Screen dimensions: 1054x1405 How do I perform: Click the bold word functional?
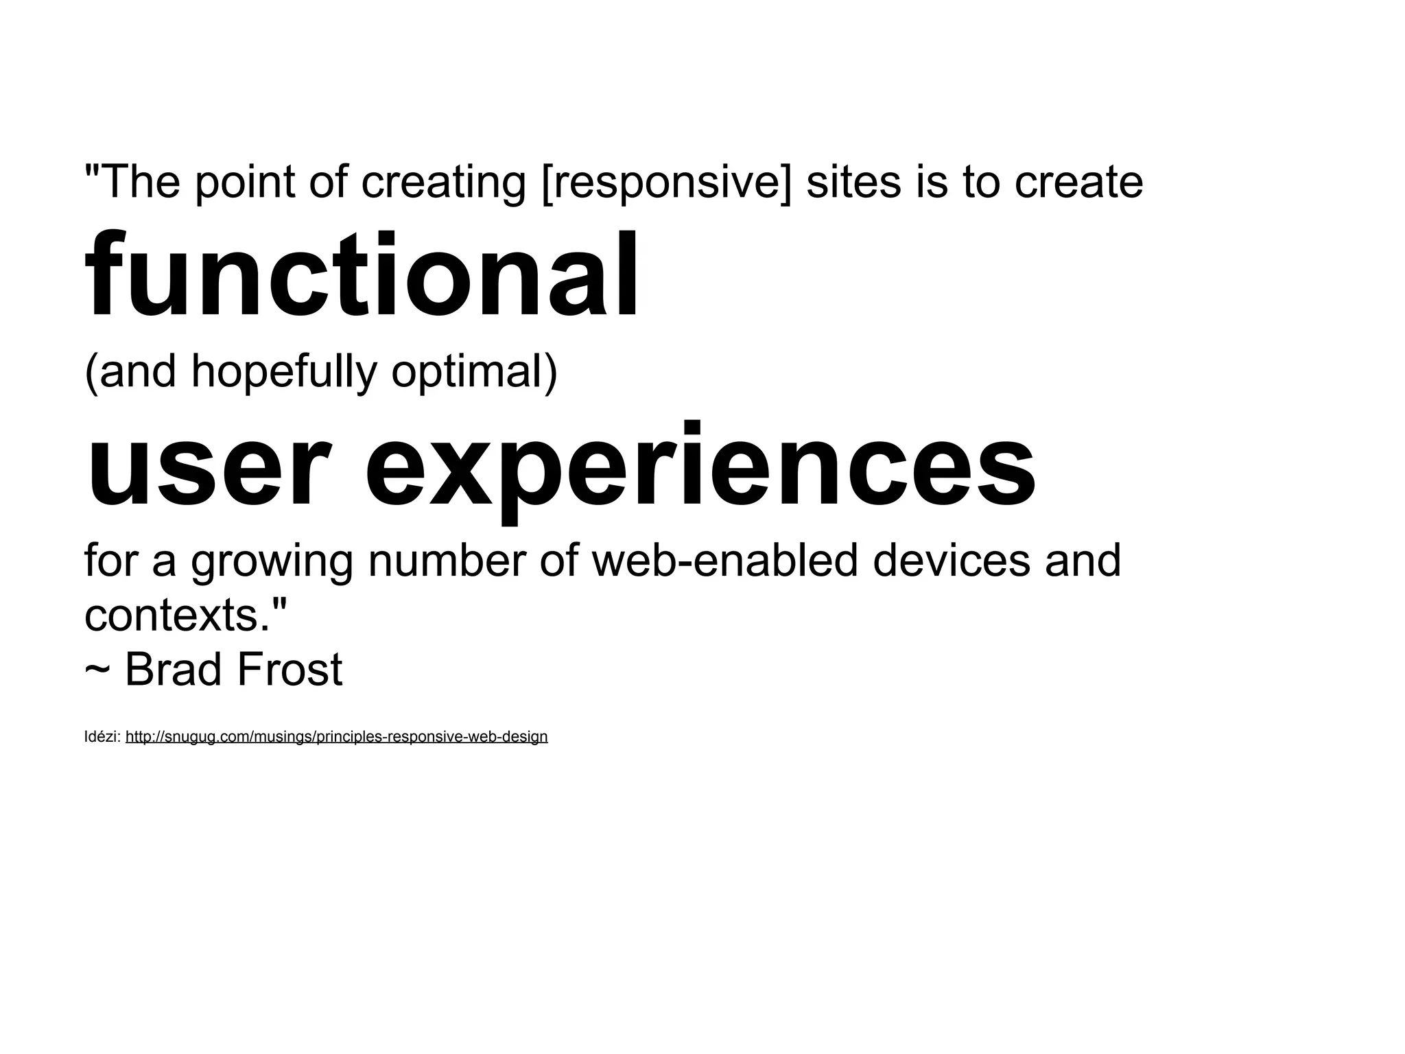click(362, 276)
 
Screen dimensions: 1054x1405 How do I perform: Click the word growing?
click(272, 561)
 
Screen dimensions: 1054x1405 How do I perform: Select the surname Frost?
click(289, 669)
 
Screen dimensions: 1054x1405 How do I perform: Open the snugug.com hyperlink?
click(336, 737)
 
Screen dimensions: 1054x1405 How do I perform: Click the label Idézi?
click(102, 737)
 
